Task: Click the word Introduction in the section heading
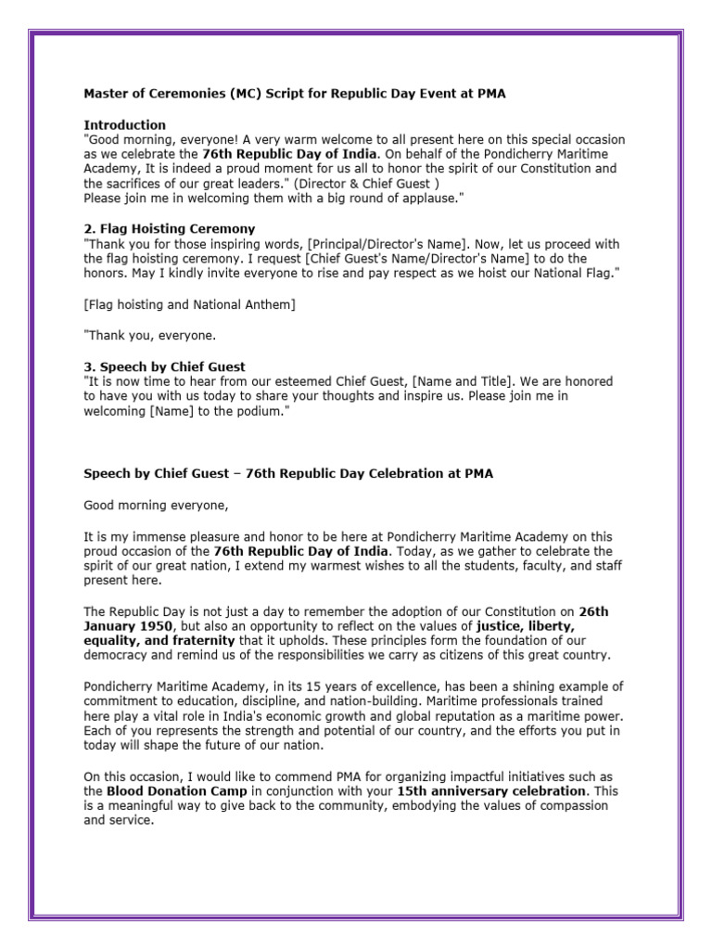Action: (125, 124)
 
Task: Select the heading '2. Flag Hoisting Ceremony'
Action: (170, 228)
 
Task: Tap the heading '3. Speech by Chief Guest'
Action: (165, 367)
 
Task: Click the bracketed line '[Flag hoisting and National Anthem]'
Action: (190, 304)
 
